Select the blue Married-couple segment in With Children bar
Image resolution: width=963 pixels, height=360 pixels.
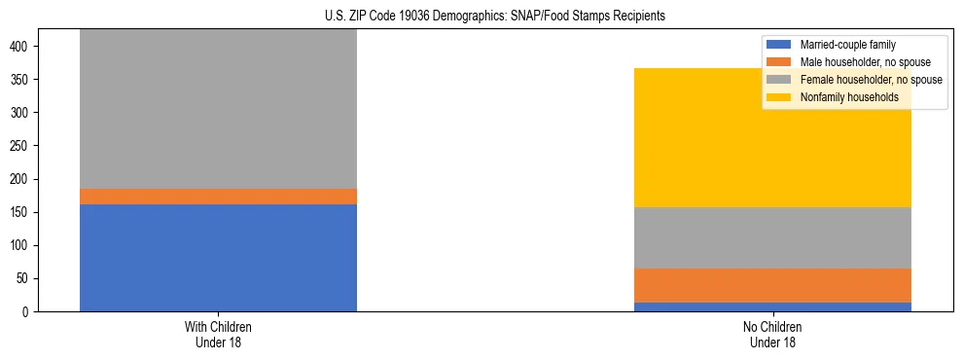[218, 258]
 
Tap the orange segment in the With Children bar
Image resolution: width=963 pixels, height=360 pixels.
[218, 197]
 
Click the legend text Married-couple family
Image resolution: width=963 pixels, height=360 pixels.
[847, 45]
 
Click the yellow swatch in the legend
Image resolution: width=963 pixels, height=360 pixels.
[779, 97]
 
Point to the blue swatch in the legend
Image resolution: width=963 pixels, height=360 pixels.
[779, 45]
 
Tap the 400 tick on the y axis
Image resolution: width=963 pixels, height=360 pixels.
[26, 46]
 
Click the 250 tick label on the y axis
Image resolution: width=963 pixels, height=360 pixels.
[26, 146]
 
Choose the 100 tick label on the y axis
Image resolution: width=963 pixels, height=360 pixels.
[26, 245]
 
